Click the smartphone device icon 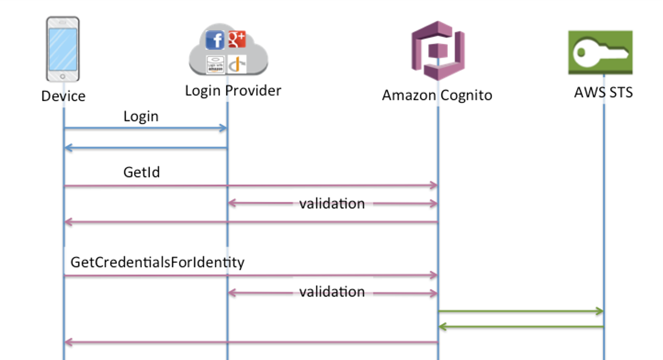click(x=62, y=49)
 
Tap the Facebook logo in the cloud click(x=215, y=41)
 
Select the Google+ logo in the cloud click(x=236, y=39)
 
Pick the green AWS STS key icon click(x=600, y=52)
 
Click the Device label click(x=63, y=96)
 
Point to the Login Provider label click(x=233, y=91)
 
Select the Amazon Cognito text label click(x=437, y=95)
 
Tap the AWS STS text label click(x=603, y=92)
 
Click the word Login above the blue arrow click(x=141, y=116)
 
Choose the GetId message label click(x=142, y=172)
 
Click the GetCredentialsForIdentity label click(x=157, y=262)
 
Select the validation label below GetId click(x=332, y=204)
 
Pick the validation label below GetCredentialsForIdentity click(x=332, y=292)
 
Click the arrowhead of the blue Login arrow click(x=224, y=128)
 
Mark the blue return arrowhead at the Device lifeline click(x=68, y=148)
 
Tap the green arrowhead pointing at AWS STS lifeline click(x=599, y=311)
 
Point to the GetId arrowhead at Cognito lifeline click(x=434, y=185)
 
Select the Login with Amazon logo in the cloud click(x=215, y=64)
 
